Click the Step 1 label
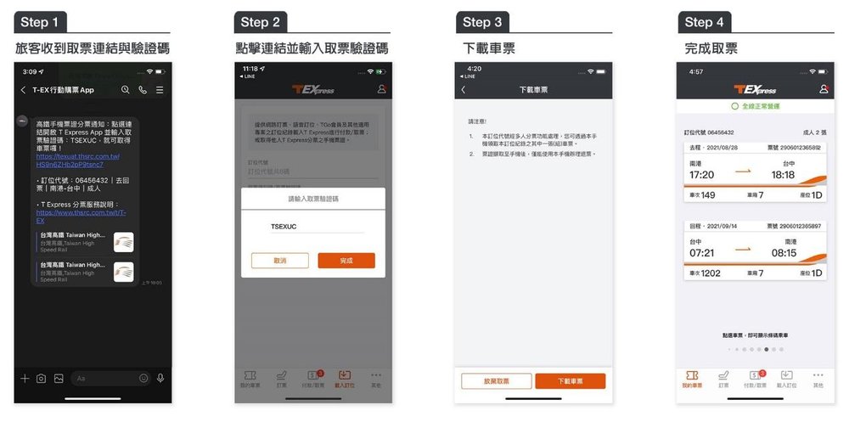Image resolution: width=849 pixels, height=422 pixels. point(40,22)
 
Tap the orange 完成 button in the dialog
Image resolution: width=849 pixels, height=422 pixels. point(346,261)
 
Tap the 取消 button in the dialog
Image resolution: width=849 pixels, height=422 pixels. point(279,261)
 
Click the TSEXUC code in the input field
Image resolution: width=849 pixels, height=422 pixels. point(285,228)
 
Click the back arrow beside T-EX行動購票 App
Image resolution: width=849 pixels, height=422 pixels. point(23,89)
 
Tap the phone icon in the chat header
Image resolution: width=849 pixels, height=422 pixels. point(142,89)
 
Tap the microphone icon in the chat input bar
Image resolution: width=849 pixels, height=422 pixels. point(160,378)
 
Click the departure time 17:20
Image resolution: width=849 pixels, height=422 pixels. point(701,175)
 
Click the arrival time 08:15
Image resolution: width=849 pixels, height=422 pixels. point(783,253)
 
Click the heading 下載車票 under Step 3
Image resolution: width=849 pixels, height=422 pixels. point(486,48)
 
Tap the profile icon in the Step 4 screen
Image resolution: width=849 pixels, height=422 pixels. point(823,89)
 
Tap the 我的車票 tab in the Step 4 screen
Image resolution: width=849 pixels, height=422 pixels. point(692,379)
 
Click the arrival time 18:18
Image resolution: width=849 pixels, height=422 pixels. point(783,175)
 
